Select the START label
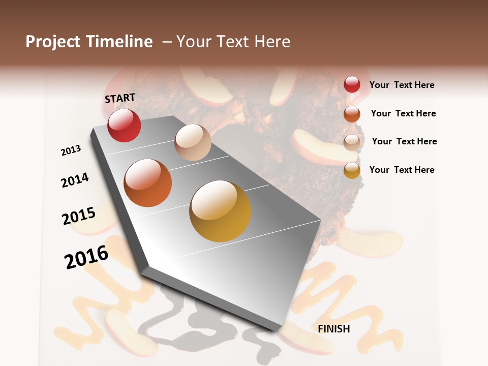tap(120, 98)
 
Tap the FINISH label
tap(334, 329)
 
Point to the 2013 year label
tap(71, 150)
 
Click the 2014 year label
tap(75, 180)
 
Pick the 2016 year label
tap(86, 257)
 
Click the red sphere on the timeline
tap(124, 125)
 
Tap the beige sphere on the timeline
tap(193, 142)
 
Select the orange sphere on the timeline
tap(148, 183)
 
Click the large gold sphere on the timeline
tap(220, 211)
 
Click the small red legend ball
tap(352, 84)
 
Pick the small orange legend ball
tap(352, 113)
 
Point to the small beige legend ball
tap(352, 142)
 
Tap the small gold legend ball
tap(352, 170)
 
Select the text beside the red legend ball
tap(402, 85)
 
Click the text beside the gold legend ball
tap(402, 170)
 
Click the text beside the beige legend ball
tap(404, 141)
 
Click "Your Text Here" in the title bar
tap(233, 42)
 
